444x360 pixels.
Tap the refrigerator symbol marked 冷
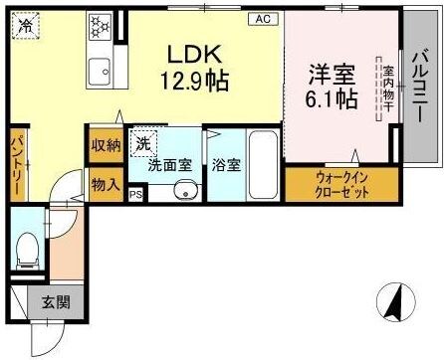tap(27, 24)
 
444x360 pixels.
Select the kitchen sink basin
tap(99, 70)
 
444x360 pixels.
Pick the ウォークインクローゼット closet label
tap(341, 184)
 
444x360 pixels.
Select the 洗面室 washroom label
tap(168, 165)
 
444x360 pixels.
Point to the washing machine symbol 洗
tap(145, 142)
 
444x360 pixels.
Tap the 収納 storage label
tap(106, 146)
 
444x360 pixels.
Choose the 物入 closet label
tap(106, 184)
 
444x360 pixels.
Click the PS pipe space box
tap(134, 196)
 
